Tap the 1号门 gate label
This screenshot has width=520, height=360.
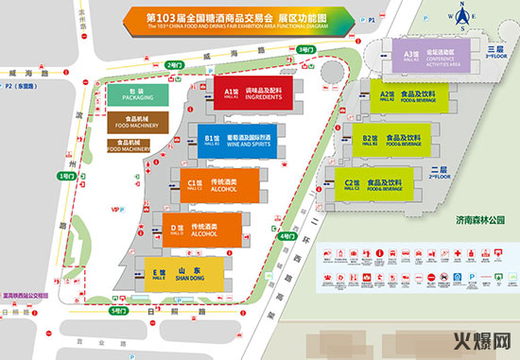pos(65,177)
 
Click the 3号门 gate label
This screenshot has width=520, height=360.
pos(304,48)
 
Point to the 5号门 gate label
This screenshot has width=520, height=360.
pos(117,311)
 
